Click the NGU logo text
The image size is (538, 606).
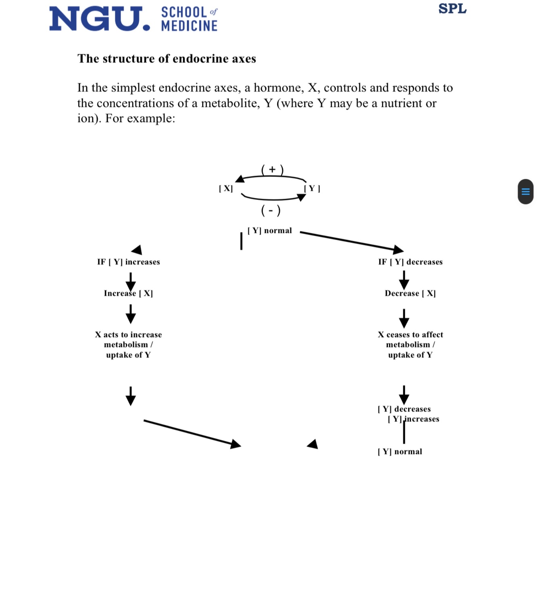pos(99,19)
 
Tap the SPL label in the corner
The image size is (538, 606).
pos(452,8)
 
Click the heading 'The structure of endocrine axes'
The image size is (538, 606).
pos(167,59)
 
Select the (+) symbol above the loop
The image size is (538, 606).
pos(272,170)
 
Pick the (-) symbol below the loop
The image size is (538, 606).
pos(271,210)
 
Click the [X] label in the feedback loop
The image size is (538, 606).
pos(226,188)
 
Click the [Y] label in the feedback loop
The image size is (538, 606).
pos(312,188)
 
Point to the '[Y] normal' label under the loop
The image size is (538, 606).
pos(269,231)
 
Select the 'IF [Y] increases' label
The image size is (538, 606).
pos(128,262)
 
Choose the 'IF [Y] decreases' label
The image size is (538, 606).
pos(410,262)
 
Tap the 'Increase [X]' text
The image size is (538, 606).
pos(128,293)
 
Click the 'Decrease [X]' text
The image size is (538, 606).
pos(410,293)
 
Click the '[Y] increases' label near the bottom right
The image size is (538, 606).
pos(413,419)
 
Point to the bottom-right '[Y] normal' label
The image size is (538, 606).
pos(400,451)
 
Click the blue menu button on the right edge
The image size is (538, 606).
pos(525,191)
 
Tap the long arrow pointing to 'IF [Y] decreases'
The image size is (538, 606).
pos(351,241)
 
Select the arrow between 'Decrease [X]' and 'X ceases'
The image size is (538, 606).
pos(404,318)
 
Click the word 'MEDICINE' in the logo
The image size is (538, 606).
pos(189,26)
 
